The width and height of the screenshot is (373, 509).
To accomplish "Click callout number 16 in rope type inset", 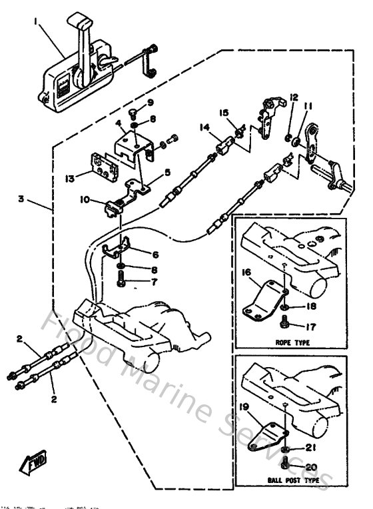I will [x=245, y=273].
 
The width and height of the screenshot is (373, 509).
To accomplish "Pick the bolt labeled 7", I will [x=122, y=282].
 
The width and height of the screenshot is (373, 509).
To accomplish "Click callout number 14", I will [x=202, y=127].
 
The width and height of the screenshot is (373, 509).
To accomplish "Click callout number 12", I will [x=293, y=98].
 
